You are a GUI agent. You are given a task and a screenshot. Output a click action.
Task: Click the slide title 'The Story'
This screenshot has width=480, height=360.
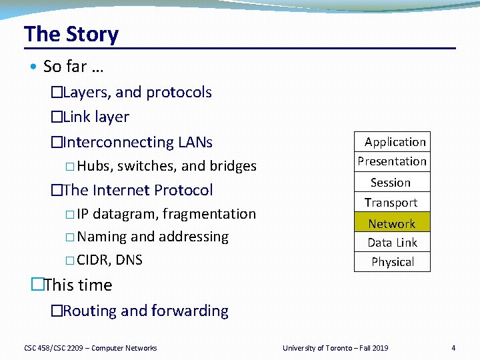(71, 34)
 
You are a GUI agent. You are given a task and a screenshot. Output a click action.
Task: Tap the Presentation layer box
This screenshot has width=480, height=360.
(392, 161)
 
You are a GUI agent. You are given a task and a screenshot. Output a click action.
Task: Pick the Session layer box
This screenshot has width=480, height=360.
(391, 182)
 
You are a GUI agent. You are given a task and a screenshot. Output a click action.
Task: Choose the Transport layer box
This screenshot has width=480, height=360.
(391, 203)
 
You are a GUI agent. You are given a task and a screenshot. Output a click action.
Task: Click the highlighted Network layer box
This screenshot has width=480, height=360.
(391, 223)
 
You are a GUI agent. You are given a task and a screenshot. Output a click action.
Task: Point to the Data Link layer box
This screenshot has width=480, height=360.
(392, 243)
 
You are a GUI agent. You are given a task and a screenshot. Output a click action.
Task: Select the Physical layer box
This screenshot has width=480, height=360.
(392, 262)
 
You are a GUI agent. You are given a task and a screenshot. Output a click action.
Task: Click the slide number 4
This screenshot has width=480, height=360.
(453, 348)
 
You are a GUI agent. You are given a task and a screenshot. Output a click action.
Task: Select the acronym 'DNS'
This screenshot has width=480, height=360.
(129, 260)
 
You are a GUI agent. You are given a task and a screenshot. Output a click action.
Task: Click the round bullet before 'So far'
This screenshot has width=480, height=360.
(33, 67)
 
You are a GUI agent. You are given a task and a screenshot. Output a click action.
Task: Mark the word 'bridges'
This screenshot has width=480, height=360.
(233, 166)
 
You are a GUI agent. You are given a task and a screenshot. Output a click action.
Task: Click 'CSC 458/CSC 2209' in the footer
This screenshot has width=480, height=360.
(53, 348)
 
